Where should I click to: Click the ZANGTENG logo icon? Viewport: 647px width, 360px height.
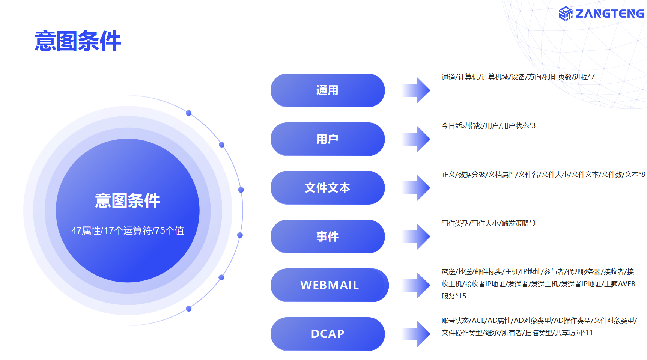pos(566,14)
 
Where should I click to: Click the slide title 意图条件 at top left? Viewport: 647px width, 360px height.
pos(78,41)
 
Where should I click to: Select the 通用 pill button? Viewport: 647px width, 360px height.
pos(327,90)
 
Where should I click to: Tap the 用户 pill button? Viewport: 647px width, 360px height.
pos(327,139)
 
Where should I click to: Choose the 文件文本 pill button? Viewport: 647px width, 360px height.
pos(327,188)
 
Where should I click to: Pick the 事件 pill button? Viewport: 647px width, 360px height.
pos(327,236)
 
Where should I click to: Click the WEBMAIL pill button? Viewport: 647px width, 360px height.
pos(330,285)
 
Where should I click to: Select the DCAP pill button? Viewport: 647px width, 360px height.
pos(327,334)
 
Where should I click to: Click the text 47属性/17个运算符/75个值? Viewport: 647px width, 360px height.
pos(128,230)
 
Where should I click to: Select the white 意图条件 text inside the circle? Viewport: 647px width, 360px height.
pos(128,201)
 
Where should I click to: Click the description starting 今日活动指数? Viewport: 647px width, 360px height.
pos(488,126)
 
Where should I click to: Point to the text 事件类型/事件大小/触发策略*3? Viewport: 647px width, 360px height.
pos(488,223)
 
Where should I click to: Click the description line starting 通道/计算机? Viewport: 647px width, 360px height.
pos(518,77)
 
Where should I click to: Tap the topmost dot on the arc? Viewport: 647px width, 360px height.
pos(189,113)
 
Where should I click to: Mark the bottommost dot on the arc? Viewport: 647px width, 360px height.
pos(189,309)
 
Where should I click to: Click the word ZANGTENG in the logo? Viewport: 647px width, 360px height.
pos(609,14)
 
